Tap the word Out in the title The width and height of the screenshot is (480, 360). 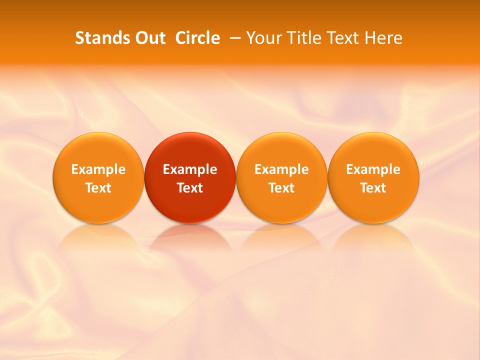coord(148,38)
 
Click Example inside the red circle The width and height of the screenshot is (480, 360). coord(190,169)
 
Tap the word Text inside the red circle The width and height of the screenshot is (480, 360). coord(190,188)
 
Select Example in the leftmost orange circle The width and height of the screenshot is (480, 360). coord(98,169)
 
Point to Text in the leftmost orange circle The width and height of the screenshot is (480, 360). coord(98,188)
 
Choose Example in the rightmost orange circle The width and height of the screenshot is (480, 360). coord(373,169)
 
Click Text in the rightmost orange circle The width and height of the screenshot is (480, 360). coord(373,188)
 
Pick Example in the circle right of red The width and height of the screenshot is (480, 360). coord(281,169)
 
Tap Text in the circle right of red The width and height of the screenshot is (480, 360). coord(281,188)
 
